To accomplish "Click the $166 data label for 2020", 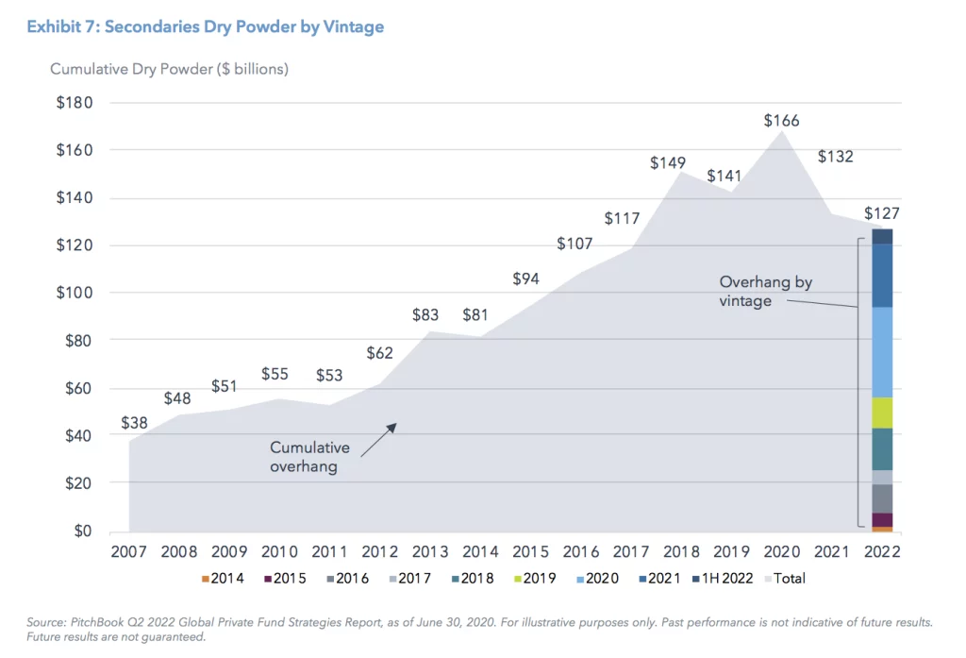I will [781, 121].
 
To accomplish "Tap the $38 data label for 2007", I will [135, 423].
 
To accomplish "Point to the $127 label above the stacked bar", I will [882, 213].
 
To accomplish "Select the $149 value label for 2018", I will [667, 163].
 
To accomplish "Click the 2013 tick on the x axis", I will [430, 551].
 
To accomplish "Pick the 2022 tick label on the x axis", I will [882, 551].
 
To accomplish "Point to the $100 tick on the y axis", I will [75, 293].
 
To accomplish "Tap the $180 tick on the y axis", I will [75, 103].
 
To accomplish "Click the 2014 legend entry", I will [222, 578].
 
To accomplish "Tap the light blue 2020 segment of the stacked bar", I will [882, 352].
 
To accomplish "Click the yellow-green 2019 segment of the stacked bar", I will [882, 413].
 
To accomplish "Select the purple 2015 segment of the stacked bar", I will [882, 520].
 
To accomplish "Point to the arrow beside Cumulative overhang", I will [378, 440].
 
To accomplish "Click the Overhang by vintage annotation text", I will [765, 291].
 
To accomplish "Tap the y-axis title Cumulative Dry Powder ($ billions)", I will [169, 69].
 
